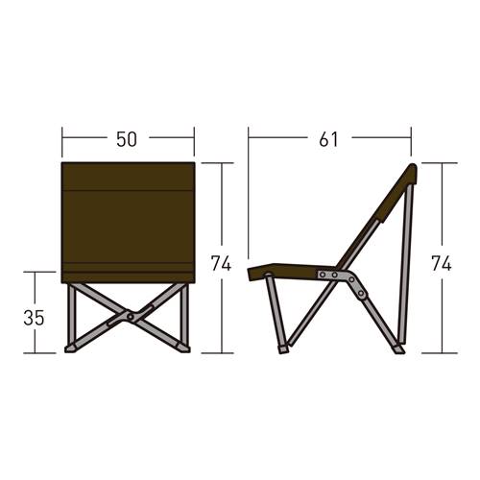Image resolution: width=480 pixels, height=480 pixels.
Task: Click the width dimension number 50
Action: click(127, 139)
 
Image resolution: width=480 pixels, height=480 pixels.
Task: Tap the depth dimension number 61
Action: click(328, 139)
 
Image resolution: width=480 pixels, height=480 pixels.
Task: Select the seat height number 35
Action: click(34, 318)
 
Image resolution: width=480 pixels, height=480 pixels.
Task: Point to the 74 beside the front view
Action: click(221, 264)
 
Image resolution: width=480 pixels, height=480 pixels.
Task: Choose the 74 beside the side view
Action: click(442, 264)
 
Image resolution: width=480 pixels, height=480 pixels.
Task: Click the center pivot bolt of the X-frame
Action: click(131, 317)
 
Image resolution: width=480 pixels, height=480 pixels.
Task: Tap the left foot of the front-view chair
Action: click(70, 348)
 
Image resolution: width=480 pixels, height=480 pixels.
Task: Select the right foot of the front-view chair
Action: click(184, 348)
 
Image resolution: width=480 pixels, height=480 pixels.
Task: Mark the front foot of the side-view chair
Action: click(283, 349)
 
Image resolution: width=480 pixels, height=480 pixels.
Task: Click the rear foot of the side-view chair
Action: click(398, 349)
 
